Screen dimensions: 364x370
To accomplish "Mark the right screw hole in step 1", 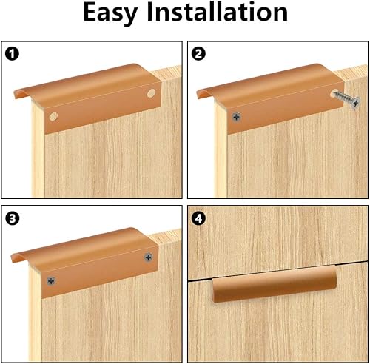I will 151,95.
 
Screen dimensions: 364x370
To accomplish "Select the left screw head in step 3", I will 53,280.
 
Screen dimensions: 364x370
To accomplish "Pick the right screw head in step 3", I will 149,257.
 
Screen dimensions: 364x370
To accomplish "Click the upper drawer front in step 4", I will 277,244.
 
